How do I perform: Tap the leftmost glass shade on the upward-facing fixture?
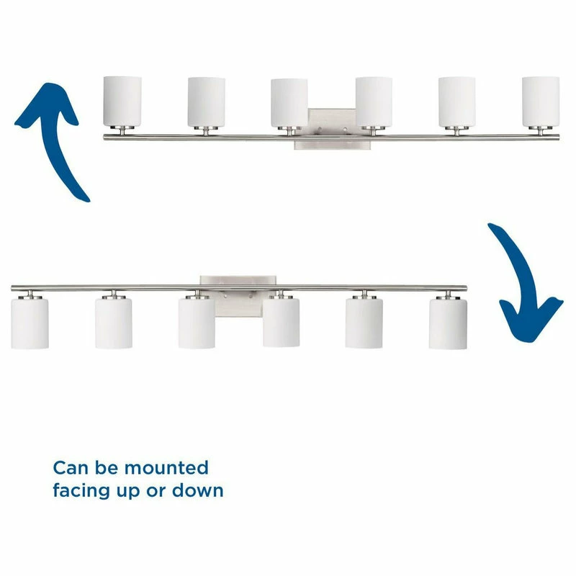pyautogui.click(x=122, y=102)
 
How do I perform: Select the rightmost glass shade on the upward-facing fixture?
pyautogui.click(x=541, y=102)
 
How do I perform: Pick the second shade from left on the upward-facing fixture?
pyautogui.click(x=207, y=102)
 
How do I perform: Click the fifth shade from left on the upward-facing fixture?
pyautogui.click(x=457, y=102)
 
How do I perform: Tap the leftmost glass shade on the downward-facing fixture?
pyautogui.click(x=30, y=323)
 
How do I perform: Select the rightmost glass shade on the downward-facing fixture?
pyautogui.click(x=448, y=323)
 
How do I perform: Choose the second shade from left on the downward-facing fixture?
pyautogui.click(x=114, y=323)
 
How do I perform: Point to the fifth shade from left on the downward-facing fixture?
pyautogui.click(x=364, y=323)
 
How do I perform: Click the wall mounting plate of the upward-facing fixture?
pyautogui.click(x=333, y=129)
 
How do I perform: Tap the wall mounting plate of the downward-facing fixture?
pyautogui.click(x=238, y=296)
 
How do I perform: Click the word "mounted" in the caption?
pyautogui.click(x=166, y=468)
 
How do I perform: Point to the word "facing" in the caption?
pyautogui.click(x=81, y=491)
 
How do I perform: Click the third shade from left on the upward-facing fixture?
pyautogui.click(x=289, y=102)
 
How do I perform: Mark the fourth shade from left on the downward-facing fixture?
pyautogui.click(x=282, y=323)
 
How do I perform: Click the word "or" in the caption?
pyautogui.click(x=156, y=492)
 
